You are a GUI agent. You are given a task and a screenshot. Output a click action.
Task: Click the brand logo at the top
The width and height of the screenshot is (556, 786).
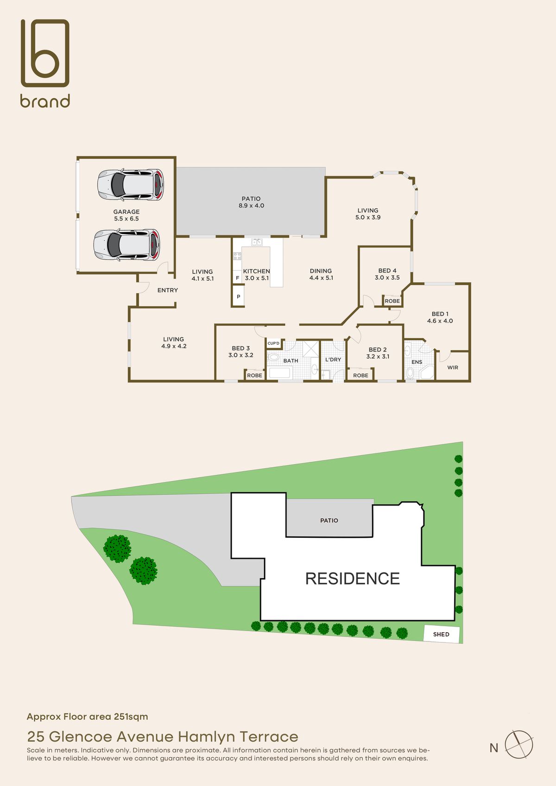click(x=45, y=63)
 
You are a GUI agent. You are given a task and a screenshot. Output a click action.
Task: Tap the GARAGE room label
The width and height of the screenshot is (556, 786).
click(x=126, y=215)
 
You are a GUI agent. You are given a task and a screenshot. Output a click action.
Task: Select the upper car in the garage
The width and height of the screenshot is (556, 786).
click(x=131, y=185)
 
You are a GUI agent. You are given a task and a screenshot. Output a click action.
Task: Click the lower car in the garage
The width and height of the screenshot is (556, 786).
click(x=126, y=245)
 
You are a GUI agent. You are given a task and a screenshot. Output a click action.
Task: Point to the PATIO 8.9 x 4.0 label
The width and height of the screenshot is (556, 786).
click(x=251, y=202)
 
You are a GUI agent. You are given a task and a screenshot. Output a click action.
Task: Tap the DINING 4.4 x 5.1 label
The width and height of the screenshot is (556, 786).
click(x=321, y=274)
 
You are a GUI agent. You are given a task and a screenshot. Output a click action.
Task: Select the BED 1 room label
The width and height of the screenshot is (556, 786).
click(x=440, y=317)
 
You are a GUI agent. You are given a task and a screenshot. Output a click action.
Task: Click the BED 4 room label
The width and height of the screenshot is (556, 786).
click(x=387, y=274)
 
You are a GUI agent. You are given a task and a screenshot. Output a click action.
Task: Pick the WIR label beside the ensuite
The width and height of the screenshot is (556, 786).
click(x=453, y=367)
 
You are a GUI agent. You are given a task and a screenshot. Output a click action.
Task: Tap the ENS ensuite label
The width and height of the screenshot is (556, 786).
click(x=417, y=362)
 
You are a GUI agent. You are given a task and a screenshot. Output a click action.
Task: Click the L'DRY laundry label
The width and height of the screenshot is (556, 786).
click(x=333, y=359)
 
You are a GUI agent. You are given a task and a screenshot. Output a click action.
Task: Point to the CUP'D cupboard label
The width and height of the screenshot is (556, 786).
click(x=273, y=343)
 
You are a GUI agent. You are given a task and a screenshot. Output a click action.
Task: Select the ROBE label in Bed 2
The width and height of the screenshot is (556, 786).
click(x=361, y=376)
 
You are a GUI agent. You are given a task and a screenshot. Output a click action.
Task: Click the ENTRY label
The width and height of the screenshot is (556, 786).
click(x=168, y=290)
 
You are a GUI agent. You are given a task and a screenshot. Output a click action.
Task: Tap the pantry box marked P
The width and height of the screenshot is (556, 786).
click(x=239, y=296)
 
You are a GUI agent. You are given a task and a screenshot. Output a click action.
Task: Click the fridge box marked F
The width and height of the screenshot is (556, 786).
click(x=238, y=278)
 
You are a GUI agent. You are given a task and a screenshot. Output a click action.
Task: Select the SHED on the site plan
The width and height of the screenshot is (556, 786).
click(x=442, y=635)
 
